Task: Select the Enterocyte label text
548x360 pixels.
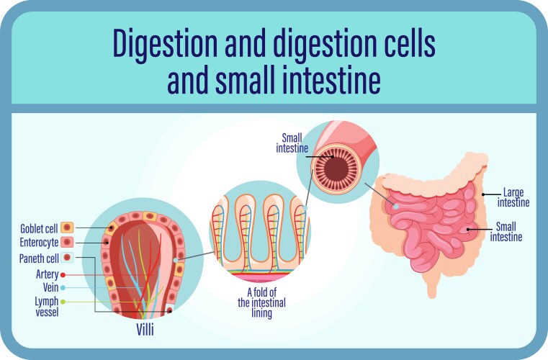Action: click(39, 243)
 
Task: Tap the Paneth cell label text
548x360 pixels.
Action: click(38, 257)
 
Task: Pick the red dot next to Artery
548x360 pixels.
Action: click(63, 274)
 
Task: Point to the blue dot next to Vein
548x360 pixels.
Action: click(63, 287)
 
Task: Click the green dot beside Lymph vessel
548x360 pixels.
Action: click(63, 301)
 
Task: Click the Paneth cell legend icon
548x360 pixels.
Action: click(67, 257)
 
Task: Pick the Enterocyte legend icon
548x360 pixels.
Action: click(67, 243)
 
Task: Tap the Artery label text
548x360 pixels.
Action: click(47, 274)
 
